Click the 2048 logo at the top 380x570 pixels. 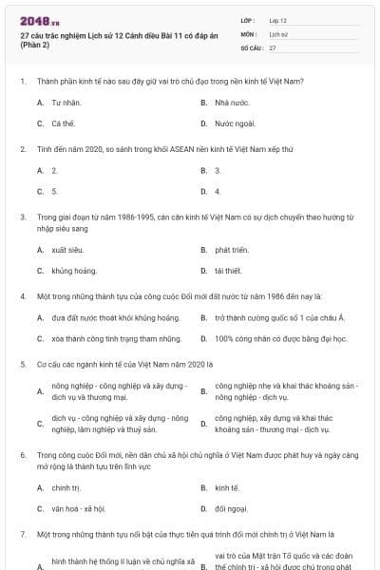click(x=39, y=20)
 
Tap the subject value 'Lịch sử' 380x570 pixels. click(x=278, y=33)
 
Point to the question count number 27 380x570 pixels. click(x=273, y=47)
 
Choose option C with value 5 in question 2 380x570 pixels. click(x=54, y=191)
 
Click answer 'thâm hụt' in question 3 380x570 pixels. click(x=228, y=271)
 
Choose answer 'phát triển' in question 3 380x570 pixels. click(x=232, y=250)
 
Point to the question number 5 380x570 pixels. click(x=22, y=363)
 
